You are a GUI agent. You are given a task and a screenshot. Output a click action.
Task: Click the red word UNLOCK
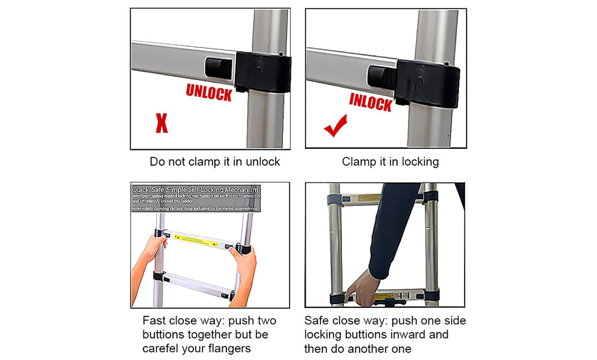click(209, 92)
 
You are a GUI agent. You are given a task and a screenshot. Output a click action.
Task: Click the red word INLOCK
click(371, 101)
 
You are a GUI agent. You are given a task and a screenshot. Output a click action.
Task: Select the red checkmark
click(335, 126)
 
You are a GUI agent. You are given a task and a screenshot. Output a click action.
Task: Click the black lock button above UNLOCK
click(217, 67)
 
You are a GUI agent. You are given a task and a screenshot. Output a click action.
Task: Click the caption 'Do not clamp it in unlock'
click(215, 162)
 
